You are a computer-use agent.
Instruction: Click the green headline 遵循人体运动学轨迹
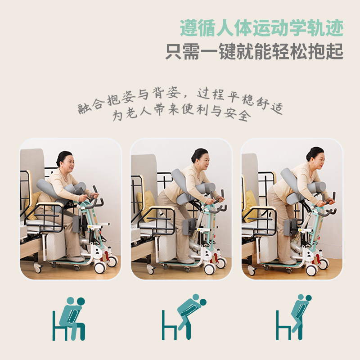point(261,28)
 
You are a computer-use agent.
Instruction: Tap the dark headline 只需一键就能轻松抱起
point(254,51)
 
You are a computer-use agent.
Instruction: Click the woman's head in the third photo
point(315,156)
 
